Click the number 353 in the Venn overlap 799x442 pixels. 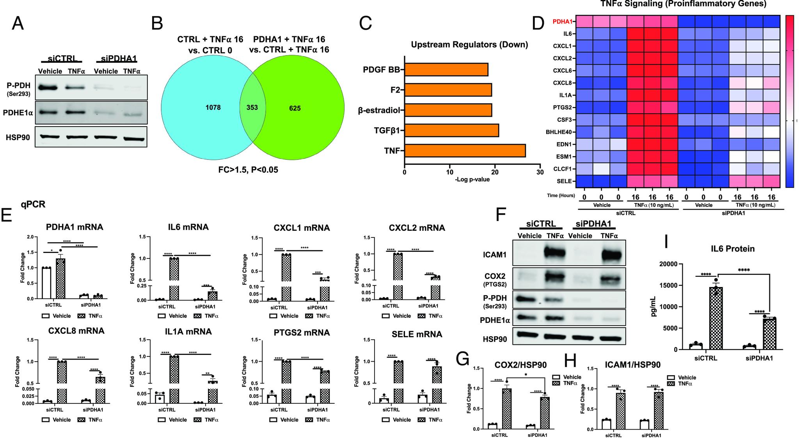pos(252,107)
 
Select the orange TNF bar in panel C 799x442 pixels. pos(465,151)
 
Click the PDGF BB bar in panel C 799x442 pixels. pos(446,70)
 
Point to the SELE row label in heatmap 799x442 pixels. pos(564,181)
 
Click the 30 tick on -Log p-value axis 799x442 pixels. pos(540,172)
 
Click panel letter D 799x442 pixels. pos(539,24)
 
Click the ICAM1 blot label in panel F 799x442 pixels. pos(494,255)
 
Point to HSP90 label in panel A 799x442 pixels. pos(18,137)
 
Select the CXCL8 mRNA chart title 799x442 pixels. pos(76,331)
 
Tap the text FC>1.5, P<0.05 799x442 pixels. pos(248,170)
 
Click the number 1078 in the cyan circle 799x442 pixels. pos(213,107)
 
